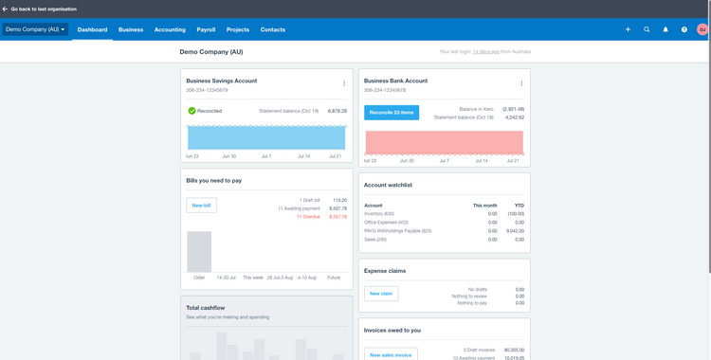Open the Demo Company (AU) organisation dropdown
(35, 29)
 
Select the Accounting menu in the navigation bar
(170, 29)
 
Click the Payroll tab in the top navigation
(206, 29)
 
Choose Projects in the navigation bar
(238, 29)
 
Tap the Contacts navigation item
(273, 29)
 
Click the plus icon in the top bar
(628, 29)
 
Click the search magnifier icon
(647, 29)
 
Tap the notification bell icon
(665, 29)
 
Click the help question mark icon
(684, 29)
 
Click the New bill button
(201, 205)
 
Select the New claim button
(381, 294)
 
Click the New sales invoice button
(391, 354)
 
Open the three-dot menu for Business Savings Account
(344, 83)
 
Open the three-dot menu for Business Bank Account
(521, 83)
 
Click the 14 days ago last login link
(487, 52)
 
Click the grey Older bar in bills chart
(199, 251)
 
